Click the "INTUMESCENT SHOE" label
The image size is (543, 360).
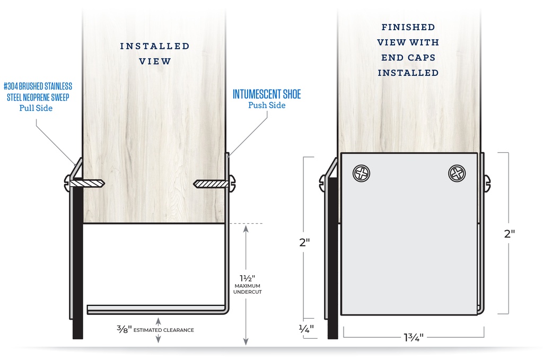(267, 94)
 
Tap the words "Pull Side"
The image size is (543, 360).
(36, 108)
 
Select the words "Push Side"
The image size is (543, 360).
(267, 105)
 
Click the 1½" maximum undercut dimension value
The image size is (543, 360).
(247, 278)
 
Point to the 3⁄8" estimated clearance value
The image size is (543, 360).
(124, 329)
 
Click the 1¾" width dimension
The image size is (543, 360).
(414, 337)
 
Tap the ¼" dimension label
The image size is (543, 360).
(306, 328)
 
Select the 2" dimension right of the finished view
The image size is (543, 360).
(510, 234)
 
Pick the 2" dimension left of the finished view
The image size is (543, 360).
(304, 242)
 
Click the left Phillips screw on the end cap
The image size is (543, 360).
(361, 173)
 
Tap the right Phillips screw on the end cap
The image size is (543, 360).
(457, 173)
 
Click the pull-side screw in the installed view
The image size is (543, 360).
(84, 183)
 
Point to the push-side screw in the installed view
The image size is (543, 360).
(214, 183)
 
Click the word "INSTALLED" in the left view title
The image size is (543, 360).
(155, 46)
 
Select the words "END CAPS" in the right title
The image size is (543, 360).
(408, 57)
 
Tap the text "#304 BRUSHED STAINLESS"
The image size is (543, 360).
(38, 86)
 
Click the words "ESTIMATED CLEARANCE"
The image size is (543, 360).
(163, 330)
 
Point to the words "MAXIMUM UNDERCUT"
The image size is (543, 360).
(248, 289)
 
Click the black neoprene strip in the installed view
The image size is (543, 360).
(77, 263)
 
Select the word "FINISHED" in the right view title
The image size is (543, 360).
(408, 27)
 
